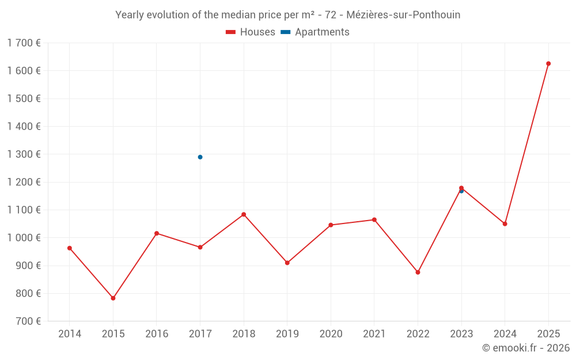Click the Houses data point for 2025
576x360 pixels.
pyautogui.click(x=548, y=63)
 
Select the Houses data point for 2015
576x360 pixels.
pyautogui.click(x=113, y=298)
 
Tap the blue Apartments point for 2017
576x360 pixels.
pyautogui.click(x=200, y=157)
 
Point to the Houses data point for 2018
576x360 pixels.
pyautogui.click(x=244, y=214)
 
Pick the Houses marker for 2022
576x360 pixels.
pyautogui.click(x=418, y=272)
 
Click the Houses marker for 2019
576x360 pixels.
pyautogui.click(x=287, y=263)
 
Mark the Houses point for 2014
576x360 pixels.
pyautogui.click(x=70, y=248)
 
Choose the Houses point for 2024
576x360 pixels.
pyautogui.click(x=505, y=223)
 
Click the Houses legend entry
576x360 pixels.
pyautogui.click(x=251, y=32)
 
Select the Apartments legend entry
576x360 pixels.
pyautogui.click(x=315, y=32)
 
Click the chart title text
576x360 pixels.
pyautogui.click(x=287, y=15)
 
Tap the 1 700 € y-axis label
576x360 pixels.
pyautogui.click(x=24, y=43)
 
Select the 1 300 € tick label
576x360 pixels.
pyautogui.click(x=24, y=154)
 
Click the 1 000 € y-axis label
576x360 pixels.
pyautogui.click(x=24, y=237)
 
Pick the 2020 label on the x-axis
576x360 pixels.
pyautogui.click(x=331, y=334)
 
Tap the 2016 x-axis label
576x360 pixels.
pyautogui.click(x=157, y=334)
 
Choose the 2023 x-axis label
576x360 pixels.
pyautogui.click(x=461, y=334)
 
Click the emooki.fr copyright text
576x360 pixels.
pyautogui.click(x=525, y=348)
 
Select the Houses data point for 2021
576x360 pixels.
pyautogui.click(x=374, y=219)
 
